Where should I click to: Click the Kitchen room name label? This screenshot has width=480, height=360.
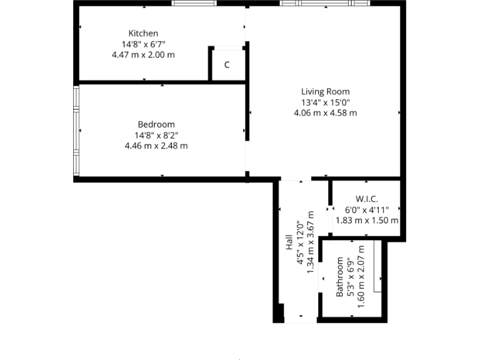(143, 33)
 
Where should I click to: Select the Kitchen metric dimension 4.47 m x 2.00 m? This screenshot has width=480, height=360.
(143, 54)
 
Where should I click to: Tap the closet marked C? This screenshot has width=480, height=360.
(227, 65)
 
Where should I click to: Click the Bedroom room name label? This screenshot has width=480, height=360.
(156, 124)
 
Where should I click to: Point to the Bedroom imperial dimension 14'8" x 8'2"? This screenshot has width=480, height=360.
(156, 135)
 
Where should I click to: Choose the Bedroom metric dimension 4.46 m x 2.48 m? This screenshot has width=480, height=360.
(156, 146)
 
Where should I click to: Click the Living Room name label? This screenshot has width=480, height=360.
(325, 91)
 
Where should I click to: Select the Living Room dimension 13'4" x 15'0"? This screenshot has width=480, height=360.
(325, 102)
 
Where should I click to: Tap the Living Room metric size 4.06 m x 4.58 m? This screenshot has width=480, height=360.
(325, 113)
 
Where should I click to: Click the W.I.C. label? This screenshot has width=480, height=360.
(367, 199)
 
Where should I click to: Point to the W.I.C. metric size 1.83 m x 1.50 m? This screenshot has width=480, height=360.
(367, 220)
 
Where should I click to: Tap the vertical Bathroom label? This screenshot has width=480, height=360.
(339, 277)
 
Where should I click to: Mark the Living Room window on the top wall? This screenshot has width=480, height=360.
(324, 3)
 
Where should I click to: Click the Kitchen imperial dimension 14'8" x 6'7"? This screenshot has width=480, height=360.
(143, 44)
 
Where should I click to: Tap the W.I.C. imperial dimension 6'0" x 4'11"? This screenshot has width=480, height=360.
(367, 209)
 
